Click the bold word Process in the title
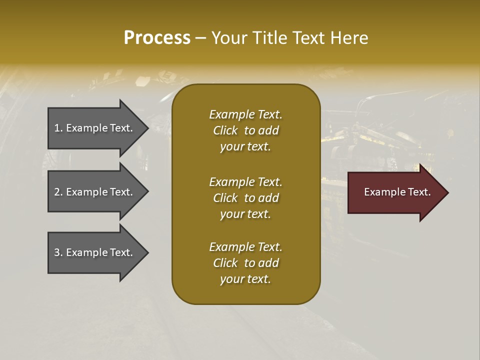click(157, 38)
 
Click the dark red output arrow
click(395, 192)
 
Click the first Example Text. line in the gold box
click(245, 114)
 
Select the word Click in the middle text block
click(225, 198)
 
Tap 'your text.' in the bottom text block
click(245, 279)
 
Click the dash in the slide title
click(201, 38)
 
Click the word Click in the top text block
click(225, 130)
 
